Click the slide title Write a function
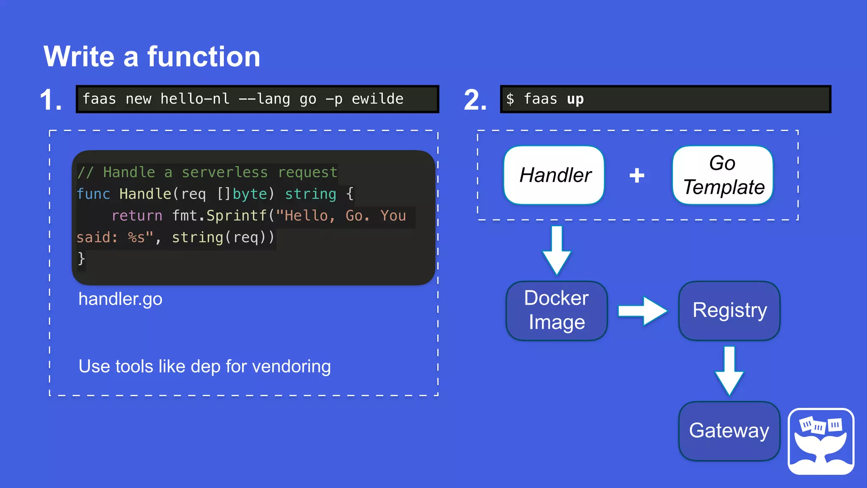pos(152,57)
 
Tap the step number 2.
pos(475,100)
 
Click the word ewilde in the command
pos(377,99)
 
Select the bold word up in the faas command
pos(575,99)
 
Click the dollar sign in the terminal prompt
pos(510,99)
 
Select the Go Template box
pos(723,175)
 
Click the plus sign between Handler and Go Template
pos(637,175)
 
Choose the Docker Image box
pos(557,311)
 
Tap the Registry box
pos(729,311)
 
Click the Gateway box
pos(729,431)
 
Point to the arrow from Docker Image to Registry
pos(642,311)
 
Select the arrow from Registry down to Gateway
pos(729,371)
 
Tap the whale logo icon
pos(821,441)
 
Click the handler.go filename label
pos(120,299)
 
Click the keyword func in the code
pos(93,194)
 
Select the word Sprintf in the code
pos(237,216)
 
